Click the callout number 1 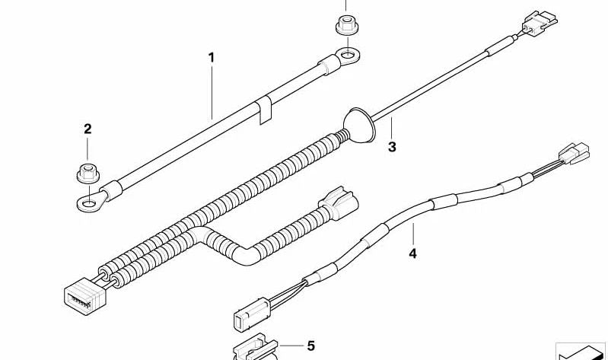(x=212, y=58)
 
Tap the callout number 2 (x=88, y=129)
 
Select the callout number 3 (x=392, y=147)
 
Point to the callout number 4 (x=412, y=253)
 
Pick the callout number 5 (x=311, y=346)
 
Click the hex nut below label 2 (x=88, y=174)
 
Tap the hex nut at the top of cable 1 (x=347, y=24)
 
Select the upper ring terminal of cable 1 (x=346, y=56)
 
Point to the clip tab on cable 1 (x=265, y=112)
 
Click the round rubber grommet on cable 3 (x=359, y=125)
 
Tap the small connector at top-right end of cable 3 (x=540, y=22)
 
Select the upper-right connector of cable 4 (x=574, y=153)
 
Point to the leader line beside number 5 (x=292, y=346)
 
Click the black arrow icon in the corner (x=581, y=352)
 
